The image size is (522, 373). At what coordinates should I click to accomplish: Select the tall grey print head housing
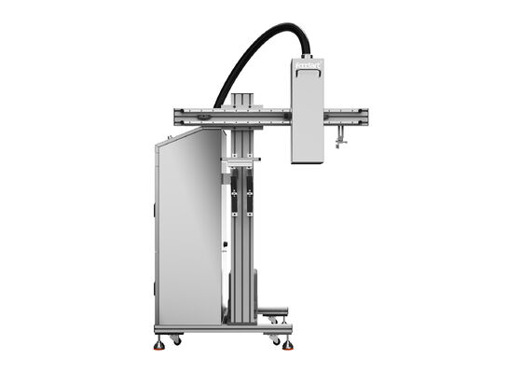tap(307, 112)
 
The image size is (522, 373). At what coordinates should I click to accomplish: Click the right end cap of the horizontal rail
tap(364, 117)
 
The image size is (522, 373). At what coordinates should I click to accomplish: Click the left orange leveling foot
tap(159, 344)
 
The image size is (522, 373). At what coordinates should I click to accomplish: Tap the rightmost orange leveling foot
tap(288, 344)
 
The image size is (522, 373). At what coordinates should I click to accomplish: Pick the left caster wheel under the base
tap(175, 340)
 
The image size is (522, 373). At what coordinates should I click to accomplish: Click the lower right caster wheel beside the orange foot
tap(276, 340)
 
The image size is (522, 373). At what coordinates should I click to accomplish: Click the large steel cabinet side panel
tap(189, 233)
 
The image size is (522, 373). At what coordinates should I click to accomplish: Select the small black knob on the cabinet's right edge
tap(225, 247)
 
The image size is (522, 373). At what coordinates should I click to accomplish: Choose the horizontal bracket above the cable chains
tap(240, 160)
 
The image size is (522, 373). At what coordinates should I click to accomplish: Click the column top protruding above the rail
tap(242, 99)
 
